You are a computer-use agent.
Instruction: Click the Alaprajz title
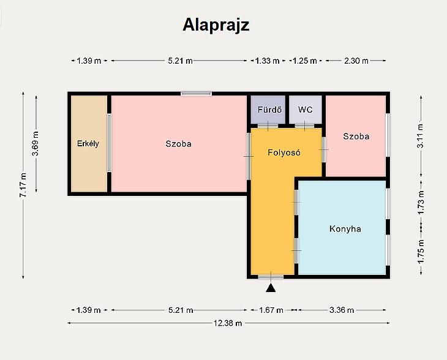216,25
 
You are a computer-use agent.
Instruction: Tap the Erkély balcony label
88,143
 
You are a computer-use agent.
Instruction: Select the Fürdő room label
269,110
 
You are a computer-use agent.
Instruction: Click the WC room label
306,110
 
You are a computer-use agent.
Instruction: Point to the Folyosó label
284,152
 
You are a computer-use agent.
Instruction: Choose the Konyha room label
345,229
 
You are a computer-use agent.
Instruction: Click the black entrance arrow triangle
271,288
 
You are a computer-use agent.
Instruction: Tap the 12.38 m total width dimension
228,323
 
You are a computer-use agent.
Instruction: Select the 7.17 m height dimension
23,185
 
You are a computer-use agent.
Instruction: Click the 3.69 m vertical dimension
36,144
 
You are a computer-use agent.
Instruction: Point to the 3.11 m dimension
421,136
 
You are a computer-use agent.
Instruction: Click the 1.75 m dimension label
421,252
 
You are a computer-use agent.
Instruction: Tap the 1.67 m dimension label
271,310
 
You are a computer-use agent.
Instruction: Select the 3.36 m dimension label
342,310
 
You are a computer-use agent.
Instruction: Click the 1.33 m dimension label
267,61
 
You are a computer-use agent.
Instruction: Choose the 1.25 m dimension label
305,61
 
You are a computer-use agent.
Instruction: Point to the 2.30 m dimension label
356,61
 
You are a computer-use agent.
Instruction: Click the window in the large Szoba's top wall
196,94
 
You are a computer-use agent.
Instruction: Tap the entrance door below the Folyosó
271,277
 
